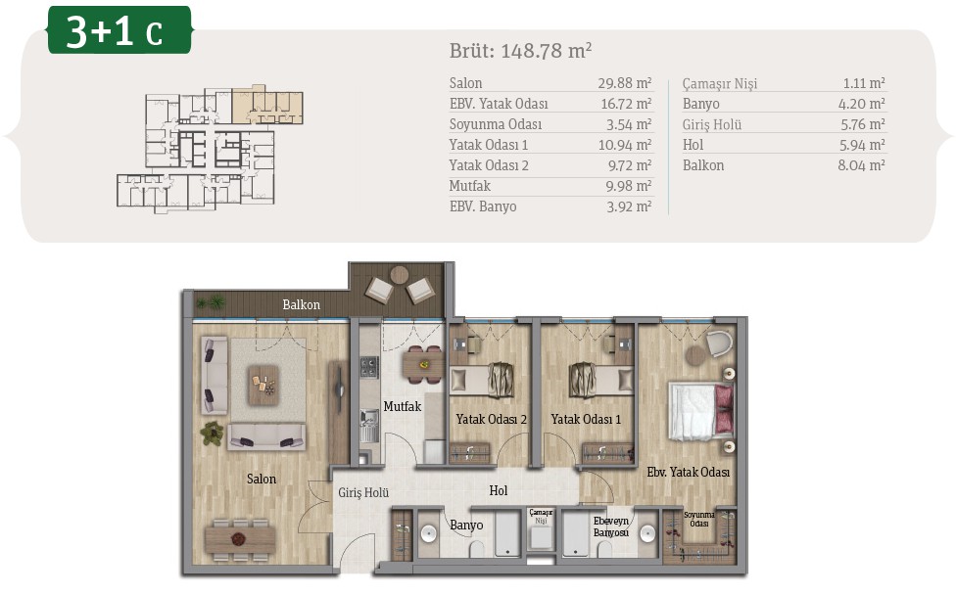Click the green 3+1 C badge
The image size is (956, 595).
(119, 29)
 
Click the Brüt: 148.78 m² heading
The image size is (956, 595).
(521, 51)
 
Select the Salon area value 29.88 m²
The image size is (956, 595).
(625, 83)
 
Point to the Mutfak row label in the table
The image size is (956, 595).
(469, 186)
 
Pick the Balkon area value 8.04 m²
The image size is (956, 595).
(861, 165)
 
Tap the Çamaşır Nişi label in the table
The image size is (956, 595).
(719, 83)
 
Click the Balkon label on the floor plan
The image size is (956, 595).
(301, 304)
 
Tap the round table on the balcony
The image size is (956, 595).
(400, 275)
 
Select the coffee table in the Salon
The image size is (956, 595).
(263, 386)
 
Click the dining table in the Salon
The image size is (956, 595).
(240, 539)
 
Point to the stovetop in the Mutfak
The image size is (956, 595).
(368, 367)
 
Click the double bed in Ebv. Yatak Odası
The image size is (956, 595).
(701, 411)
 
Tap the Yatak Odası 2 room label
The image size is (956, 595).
(492, 420)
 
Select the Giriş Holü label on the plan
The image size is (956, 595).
(364, 492)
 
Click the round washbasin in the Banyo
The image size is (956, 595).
(429, 534)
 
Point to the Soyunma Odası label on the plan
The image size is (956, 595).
(699, 520)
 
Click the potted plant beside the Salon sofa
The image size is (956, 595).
(213, 433)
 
